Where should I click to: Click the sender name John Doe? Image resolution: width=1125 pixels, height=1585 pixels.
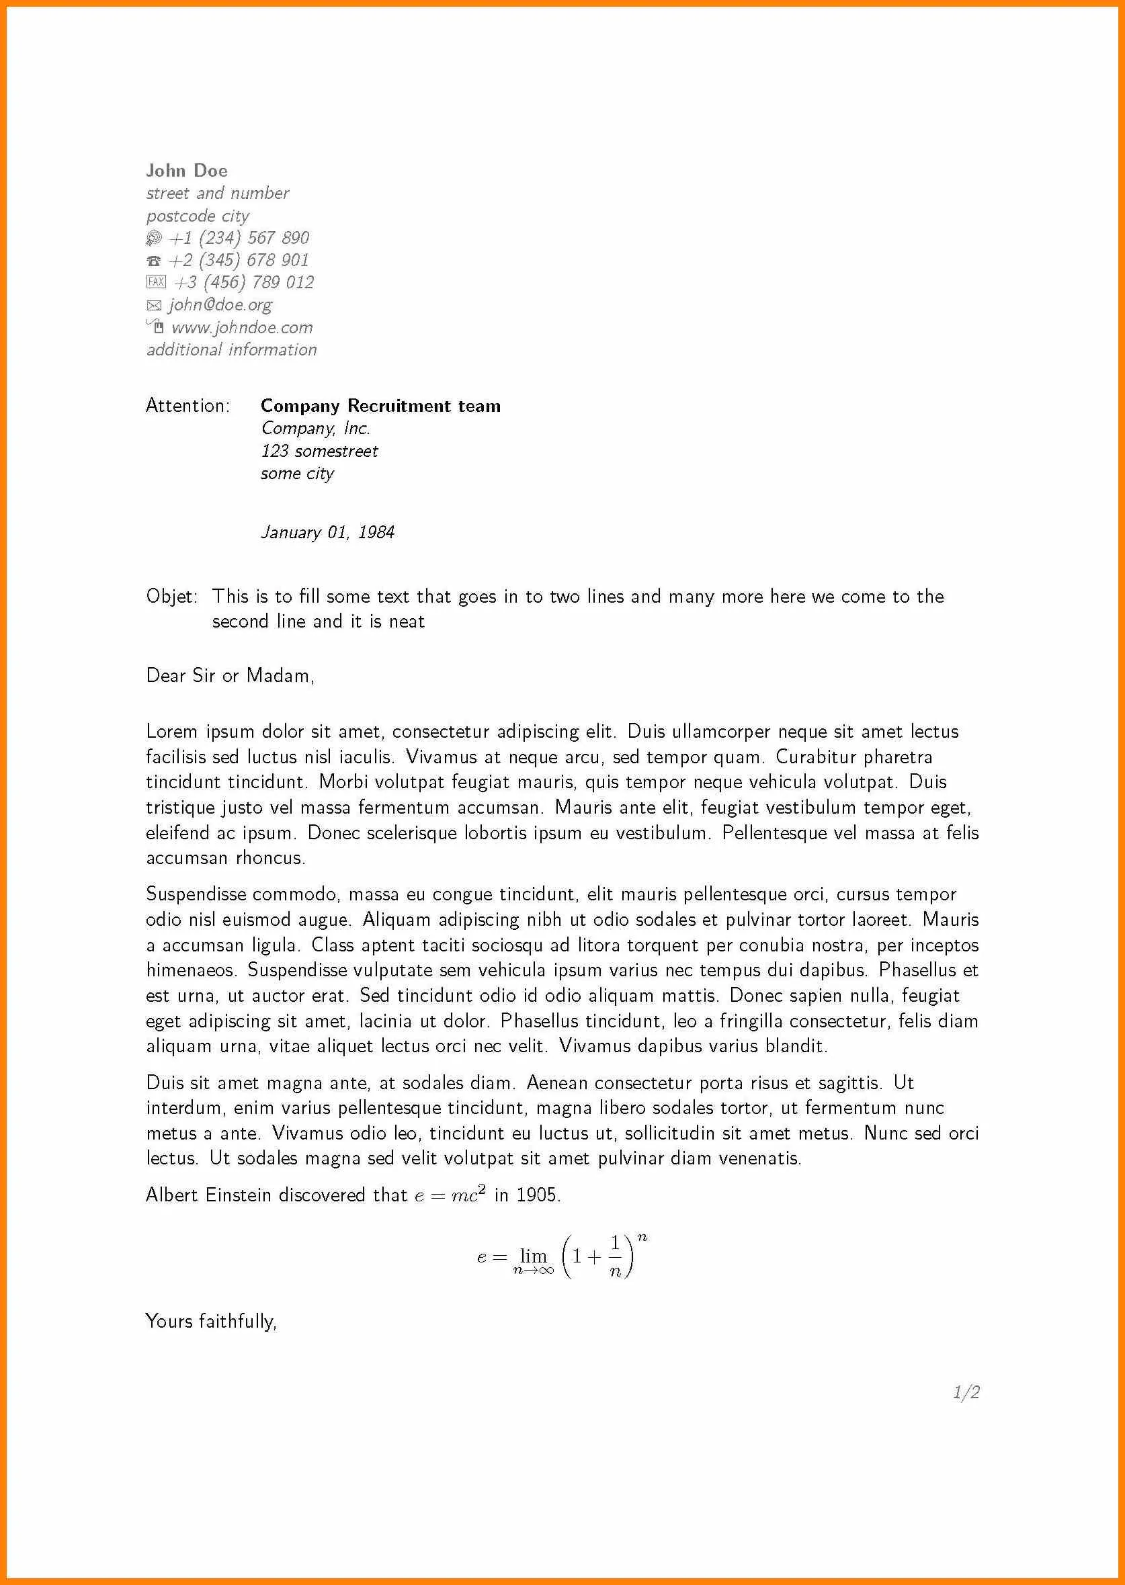[x=186, y=171]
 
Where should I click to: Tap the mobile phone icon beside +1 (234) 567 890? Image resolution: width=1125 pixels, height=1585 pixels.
[x=154, y=239]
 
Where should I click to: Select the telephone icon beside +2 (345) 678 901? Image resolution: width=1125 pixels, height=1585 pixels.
[x=154, y=261]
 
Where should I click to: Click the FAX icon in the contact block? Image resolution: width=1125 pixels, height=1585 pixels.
[x=156, y=282]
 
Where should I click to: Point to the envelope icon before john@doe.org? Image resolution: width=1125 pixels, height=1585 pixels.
[x=154, y=305]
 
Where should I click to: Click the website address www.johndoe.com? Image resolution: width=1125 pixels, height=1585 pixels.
[x=242, y=327]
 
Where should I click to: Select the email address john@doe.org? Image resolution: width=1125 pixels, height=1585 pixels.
[x=220, y=305]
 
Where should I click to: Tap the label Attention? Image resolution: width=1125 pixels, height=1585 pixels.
[x=187, y=406]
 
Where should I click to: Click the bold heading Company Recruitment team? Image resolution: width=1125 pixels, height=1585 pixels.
[x=380, y=406]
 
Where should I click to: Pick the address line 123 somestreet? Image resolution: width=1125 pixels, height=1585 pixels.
[x=319, y=452]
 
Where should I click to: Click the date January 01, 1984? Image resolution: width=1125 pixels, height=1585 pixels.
[x=328, y=533]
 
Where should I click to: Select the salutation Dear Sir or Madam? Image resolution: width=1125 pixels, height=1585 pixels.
[x=230, y=676]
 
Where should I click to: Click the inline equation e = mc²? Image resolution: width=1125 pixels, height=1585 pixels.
[x=450, y=1195]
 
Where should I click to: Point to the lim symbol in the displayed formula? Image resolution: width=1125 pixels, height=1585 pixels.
[x=534, y=1255]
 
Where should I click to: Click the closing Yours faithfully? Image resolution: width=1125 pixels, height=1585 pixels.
[x=211, y=1321]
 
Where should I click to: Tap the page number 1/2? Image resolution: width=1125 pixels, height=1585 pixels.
[x=966, y=1392]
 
